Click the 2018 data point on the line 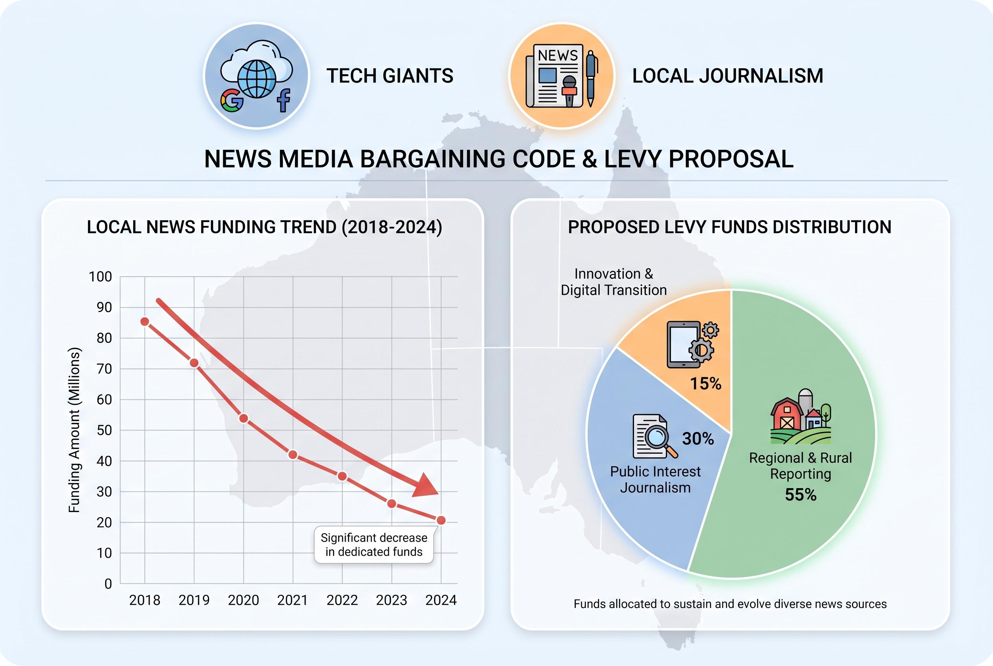[x=145, y=322]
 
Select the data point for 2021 [x=293, y=454]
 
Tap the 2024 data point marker [x=441, y=520]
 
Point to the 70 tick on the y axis [x=104, y=369]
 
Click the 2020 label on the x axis [x=244, y=600]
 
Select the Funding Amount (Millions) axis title [x=74, y=430]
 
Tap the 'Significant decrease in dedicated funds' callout [x=374, y=545]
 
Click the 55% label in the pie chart [x=801, y=495]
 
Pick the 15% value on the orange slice [x=705, y=384]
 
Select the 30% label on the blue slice [x=698, y=439]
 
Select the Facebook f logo [x=284, y=100]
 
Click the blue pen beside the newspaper [x=591, y=79]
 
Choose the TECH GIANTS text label [x=390, y=76]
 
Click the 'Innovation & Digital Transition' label [x=613, y=282]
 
